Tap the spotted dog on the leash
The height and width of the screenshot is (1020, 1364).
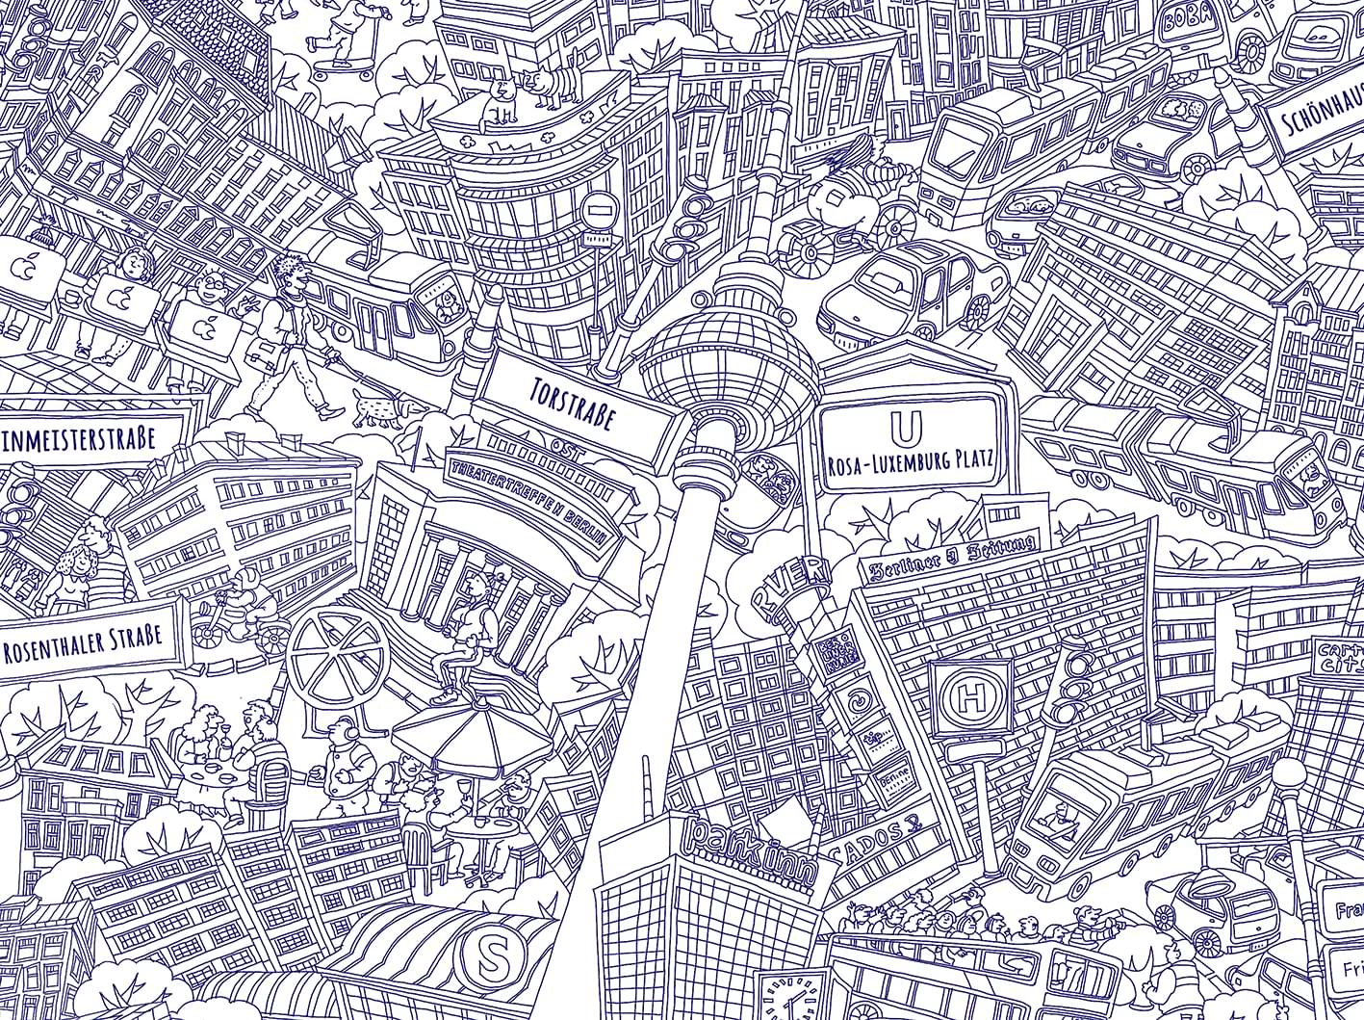(380, 407)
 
